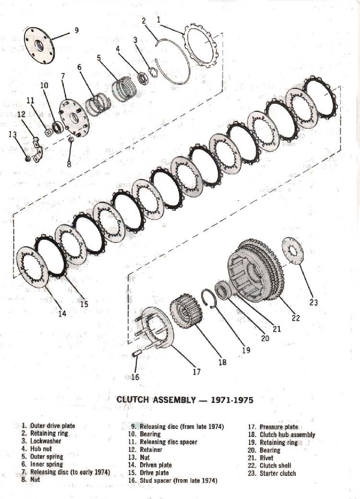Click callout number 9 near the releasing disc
pyautogui.click(x=77, y=30)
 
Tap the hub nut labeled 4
pyautogui.click(x=143, y=78)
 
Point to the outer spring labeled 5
pyautogui.click(x=125, y=89)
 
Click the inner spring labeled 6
pyautogui.click(x=98, y=104)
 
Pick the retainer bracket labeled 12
pyautogui.click(x=37, y=149)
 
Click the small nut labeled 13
pyautogui.click(x=28, y=158)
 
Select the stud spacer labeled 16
pyautogui.click(x=136, y=354)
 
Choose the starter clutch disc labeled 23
pyautogui.click(x=293, y=251)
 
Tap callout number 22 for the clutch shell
pyautogui.click(x=296, y=317)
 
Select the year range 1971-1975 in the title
pyautogui.click(x=232, y=400)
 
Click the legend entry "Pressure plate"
pyautogui.click(x=279, y=427)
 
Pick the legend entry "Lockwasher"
pyautogui.click(x=46, y=441)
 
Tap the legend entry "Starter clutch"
pyautogui.click(x=277, y=473)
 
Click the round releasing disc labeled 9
pyautogui.click(x=39, y=47)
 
